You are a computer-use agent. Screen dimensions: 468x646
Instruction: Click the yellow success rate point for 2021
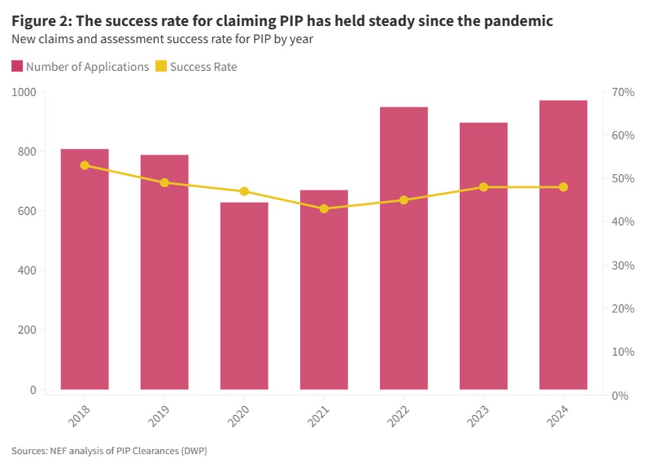tap(324, 209)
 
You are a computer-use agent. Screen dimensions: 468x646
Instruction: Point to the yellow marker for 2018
tap(85, 165)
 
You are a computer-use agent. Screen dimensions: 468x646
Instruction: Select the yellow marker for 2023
tap(483, 187)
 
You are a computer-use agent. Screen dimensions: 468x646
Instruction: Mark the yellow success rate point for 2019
tap(164, 182)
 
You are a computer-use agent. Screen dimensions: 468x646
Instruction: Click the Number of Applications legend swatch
tap(17, 67)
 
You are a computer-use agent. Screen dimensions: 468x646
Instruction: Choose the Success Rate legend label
tap(203, 67)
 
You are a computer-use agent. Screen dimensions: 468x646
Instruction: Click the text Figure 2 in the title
tap(41, 21)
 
